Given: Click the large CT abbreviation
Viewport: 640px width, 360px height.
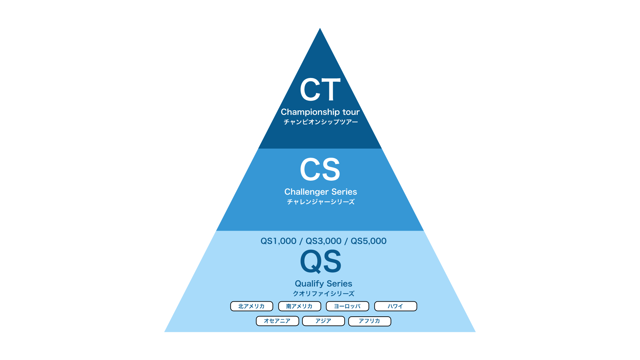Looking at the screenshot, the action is click(x=320, y=89).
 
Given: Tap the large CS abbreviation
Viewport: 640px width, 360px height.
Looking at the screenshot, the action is click(x=320, y=169).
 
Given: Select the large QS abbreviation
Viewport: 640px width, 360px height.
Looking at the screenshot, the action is click(x=321, y=261).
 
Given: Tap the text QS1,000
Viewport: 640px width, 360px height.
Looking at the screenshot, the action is click(x=278, y=241).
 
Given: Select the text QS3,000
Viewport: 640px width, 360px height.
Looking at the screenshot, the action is click(x=323, y=241).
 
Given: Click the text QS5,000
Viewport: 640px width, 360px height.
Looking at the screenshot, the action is click(x=369, y=241).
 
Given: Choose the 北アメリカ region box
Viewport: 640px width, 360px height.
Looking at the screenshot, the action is click(x=252, y=306).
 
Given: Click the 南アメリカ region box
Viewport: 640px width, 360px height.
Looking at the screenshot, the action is click(x=300, y=306).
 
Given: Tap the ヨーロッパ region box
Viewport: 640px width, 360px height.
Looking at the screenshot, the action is click(x=347, y=306).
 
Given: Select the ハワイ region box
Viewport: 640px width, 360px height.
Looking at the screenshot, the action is click(x=396, y=306).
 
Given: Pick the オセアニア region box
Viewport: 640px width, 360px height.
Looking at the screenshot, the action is click(x=277, y=321).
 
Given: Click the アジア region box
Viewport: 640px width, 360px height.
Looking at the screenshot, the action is click(x=323, y=321).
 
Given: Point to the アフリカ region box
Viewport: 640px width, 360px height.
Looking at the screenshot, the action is click(x=370, y=321).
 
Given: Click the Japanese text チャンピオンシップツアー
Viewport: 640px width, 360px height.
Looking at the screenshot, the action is click(x=321, y=122).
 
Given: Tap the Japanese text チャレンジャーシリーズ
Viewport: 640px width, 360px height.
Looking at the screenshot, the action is click(x=321, y=202).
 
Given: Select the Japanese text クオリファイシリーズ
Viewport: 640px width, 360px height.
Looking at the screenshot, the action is click(x=323, y=294).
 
